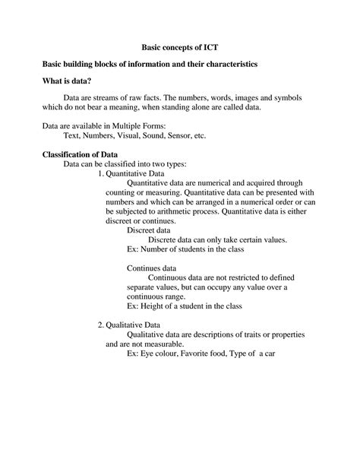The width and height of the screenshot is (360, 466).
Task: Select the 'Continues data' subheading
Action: pyautogui.click(x=151, y=268)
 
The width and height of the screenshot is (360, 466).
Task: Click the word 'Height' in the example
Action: pyautogui.click(x=153, y=306)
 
